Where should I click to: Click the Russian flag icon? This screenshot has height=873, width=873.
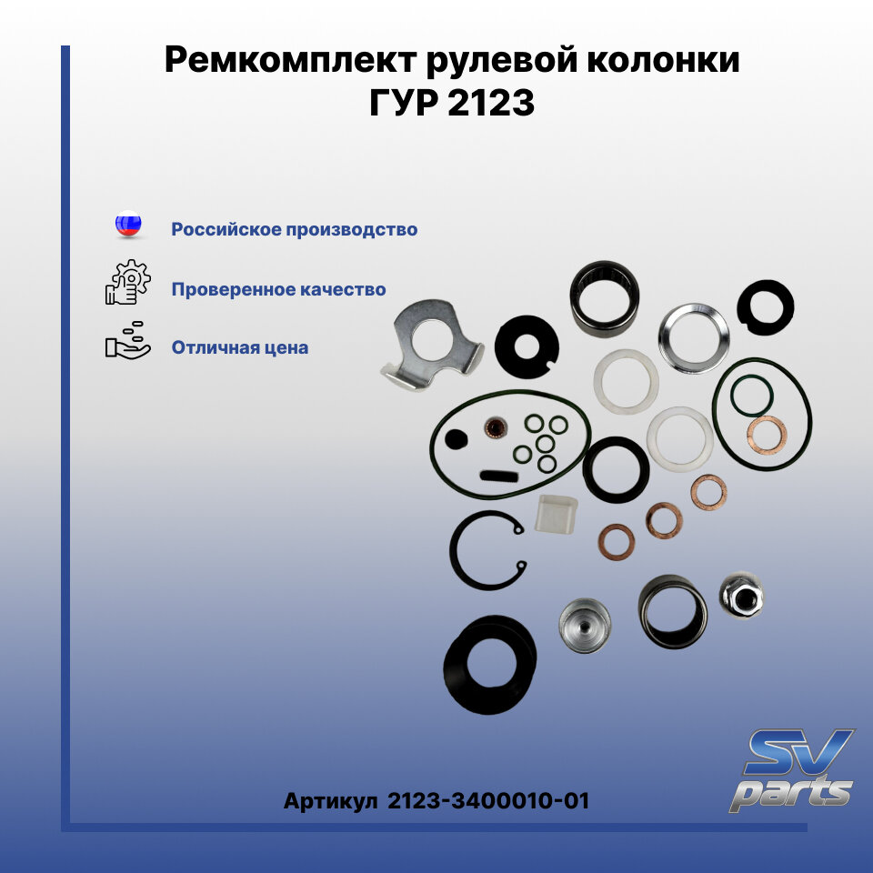pos(128,225)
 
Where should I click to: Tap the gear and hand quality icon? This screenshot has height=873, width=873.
pos(126,283)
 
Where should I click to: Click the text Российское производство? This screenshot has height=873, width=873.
pos(295,229)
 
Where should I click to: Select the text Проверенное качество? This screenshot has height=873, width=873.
pos(278,289)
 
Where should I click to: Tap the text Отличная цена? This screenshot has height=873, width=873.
pos(239,347)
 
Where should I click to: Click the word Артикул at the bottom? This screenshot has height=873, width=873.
pos(330,801)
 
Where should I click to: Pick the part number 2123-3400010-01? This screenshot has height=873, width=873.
pos(488,801)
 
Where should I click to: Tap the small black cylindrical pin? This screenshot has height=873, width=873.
pos(497,474)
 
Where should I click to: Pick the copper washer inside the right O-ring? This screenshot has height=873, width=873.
pos(765,434)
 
